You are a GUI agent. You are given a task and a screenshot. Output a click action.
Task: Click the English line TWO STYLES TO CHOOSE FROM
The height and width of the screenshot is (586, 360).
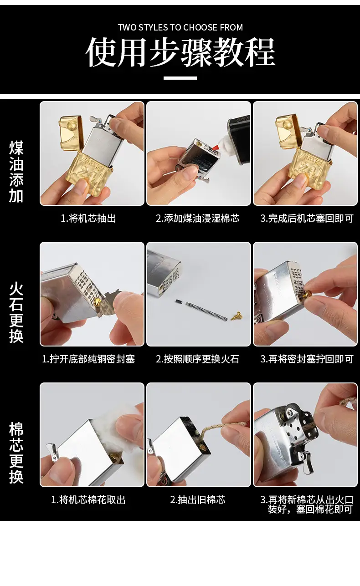180,27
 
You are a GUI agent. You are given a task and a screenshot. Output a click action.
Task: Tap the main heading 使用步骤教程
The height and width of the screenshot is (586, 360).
180,52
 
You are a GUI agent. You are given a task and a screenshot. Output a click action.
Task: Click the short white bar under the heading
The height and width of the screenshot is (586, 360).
180,78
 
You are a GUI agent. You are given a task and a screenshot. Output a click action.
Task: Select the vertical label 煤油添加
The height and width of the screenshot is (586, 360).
16,172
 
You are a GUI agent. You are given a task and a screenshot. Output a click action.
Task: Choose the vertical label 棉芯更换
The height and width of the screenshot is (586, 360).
16,453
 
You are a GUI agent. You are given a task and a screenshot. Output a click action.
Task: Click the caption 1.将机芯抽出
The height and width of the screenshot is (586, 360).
88,218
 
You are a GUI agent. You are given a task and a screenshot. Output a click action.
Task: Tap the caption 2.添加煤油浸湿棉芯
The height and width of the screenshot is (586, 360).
198,218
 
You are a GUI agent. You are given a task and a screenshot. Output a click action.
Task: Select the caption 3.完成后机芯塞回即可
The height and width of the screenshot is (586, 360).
307,218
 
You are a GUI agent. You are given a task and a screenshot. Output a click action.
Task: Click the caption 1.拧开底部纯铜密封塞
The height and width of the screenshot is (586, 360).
88,359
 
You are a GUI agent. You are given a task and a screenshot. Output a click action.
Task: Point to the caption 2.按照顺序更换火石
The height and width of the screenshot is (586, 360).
198,359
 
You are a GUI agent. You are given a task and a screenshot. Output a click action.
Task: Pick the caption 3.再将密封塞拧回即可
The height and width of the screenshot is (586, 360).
307,359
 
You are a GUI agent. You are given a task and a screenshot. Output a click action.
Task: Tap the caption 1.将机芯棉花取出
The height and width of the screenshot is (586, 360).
88,499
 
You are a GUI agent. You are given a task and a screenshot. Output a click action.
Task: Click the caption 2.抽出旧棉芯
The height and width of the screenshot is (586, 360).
198,499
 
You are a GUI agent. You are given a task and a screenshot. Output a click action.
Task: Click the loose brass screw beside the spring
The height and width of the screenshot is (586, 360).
237,316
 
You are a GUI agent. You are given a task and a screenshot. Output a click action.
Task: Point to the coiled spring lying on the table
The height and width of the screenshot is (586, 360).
206,311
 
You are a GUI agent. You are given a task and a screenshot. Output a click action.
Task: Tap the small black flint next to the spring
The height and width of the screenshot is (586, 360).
179,301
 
